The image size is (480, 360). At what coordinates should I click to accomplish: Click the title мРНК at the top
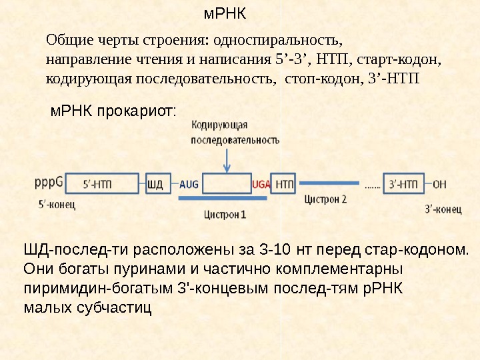click(225, 13)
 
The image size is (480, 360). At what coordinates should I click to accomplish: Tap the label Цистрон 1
click(225, 215)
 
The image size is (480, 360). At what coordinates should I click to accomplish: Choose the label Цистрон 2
click(325, 199)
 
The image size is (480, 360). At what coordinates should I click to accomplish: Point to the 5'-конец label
click(57, 204)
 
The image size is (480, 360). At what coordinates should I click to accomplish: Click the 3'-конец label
click(443, 209)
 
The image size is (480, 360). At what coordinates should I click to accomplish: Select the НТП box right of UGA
click(285, 183)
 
